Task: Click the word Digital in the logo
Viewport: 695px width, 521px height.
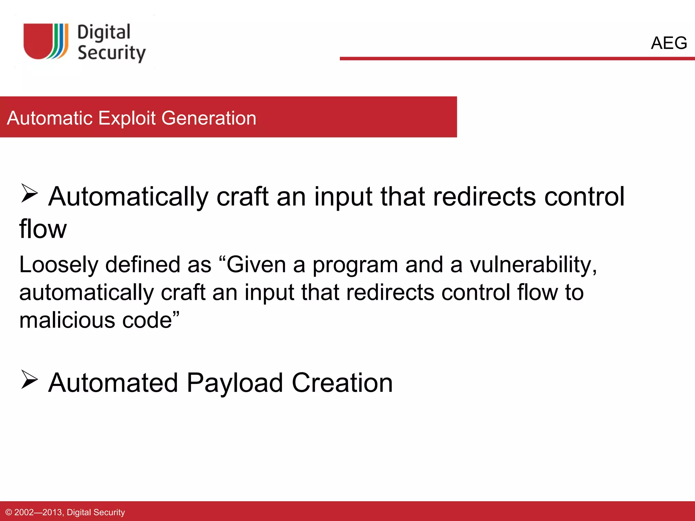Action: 104,33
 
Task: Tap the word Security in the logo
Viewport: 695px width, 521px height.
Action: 111,53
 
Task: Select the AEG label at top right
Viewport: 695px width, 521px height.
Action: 669,43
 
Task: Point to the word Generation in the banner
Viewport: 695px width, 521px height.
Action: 209,118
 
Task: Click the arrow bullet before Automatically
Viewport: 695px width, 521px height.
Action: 30,193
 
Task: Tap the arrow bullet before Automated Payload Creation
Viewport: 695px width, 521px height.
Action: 30,380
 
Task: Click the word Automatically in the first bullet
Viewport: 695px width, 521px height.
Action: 128,197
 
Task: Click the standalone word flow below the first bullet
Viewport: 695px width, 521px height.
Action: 43,229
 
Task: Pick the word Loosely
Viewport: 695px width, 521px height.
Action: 58,265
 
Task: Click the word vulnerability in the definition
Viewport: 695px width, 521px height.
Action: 533,265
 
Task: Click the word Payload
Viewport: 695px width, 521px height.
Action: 235,383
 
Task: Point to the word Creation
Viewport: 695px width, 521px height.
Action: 342,383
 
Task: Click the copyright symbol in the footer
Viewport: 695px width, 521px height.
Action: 9,512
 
